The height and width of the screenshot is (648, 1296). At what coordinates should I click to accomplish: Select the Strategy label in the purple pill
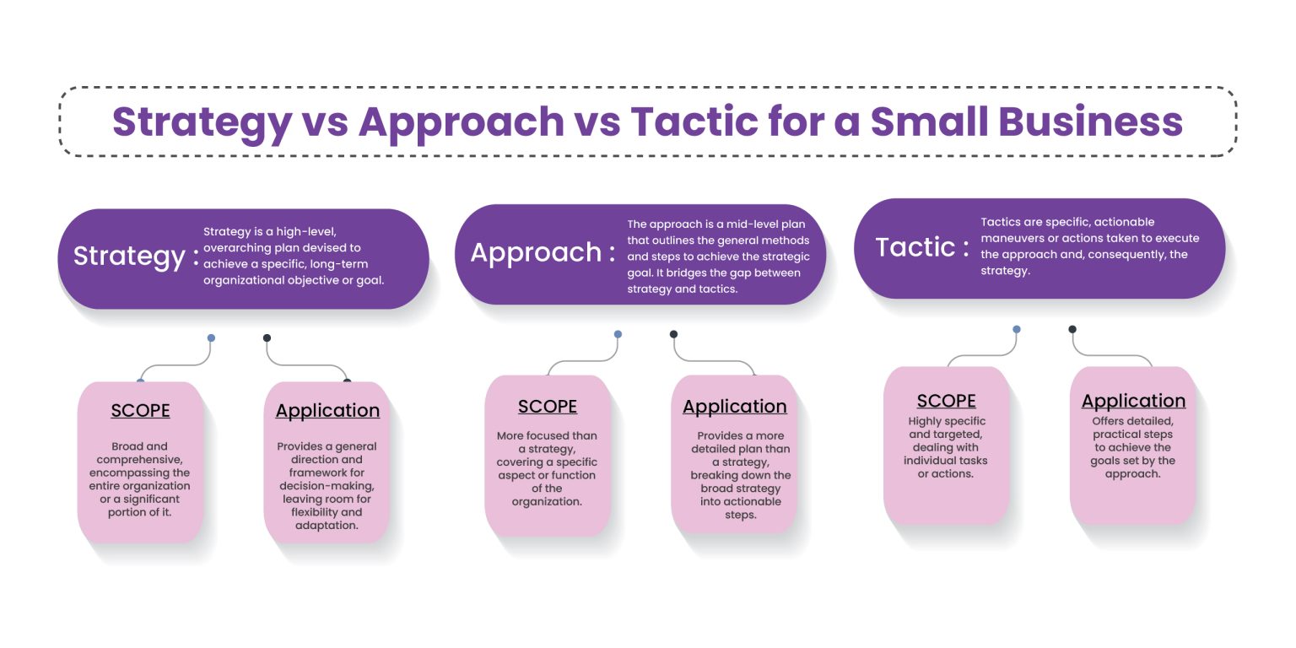click(x=128, y=256)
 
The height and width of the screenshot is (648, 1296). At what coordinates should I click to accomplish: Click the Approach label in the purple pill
click(x=535, y=253)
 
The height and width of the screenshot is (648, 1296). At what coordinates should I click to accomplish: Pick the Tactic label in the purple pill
click(x=915, y=247)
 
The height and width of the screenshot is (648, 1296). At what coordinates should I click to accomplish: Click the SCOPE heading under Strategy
click(x=140, y=411)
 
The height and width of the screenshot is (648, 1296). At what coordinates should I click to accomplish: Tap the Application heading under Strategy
click(x=327, y=411)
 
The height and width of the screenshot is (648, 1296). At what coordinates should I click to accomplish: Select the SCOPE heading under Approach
click(x=548, y=407)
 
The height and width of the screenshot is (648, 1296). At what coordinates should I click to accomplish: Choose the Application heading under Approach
click(x=734, y=407)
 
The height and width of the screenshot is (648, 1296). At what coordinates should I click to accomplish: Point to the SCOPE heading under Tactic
click(x=946, y=402)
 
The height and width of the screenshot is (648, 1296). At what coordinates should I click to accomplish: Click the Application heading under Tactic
click(x=1133, y=402)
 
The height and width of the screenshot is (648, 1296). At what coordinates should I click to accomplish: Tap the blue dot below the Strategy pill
click(x=211, y=337)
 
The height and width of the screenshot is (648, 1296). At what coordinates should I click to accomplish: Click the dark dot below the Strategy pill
click(x=267, y=337)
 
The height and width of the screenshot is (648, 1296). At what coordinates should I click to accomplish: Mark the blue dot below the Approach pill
click(x=618, y=334)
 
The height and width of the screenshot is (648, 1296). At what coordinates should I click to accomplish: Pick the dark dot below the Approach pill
click(x=673, y=334)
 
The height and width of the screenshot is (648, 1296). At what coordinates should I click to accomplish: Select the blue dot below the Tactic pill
click(x=1017, y=329)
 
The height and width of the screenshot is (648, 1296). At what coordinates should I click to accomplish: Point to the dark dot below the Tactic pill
click(x=1072, y=329)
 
